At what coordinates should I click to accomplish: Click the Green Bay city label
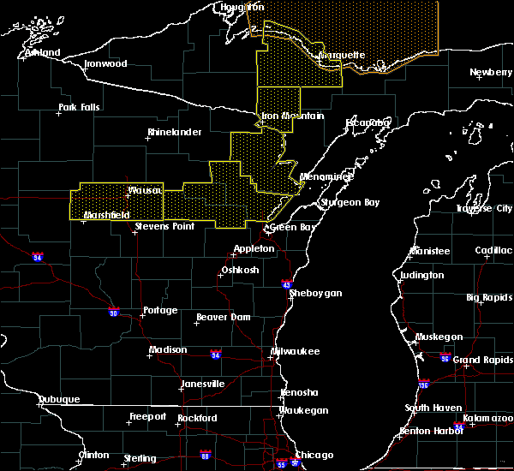[x=289, y=228]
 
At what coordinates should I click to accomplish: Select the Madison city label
[x=168, y=349]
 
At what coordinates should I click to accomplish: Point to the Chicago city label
[x=315, y=455]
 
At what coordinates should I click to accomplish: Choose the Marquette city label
[x=342, y=56]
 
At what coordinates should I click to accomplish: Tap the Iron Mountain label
[x=293, y=116]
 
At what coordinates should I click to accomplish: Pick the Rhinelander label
[x=174, y=132]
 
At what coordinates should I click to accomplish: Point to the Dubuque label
[x=58, y=399]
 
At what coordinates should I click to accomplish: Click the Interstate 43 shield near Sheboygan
[x=287, y=283]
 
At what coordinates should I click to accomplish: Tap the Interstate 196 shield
[x=424, y=385]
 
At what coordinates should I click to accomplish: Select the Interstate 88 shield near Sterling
[x=205, y=455]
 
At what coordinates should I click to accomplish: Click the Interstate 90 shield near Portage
[x=113, y=312]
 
